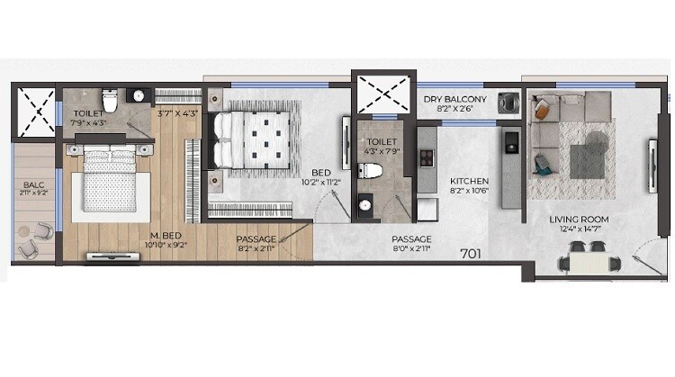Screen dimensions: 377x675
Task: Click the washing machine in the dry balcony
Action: (510, 103)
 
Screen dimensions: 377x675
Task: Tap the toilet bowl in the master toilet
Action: (110, 96)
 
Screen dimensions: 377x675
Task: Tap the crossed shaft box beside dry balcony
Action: (377, 94)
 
